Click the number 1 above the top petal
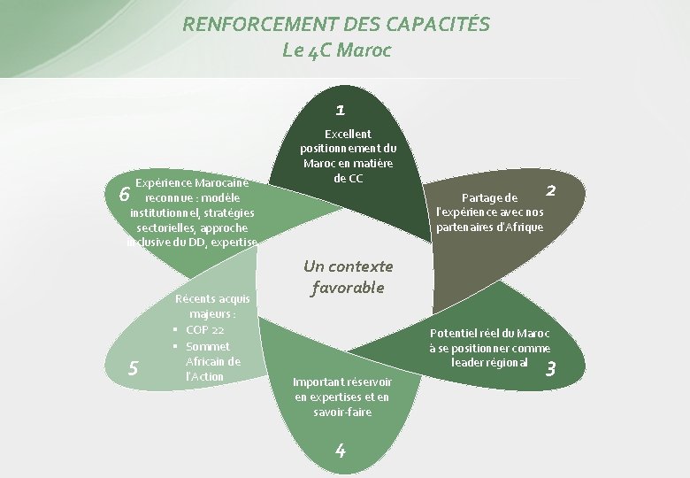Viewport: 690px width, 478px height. pos(341,111)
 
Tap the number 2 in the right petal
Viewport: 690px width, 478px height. pos(550,189)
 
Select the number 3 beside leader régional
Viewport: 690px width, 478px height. pos(550,369)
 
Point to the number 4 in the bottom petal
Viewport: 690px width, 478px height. pos(341,450)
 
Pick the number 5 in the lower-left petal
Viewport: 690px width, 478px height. pos(132,367)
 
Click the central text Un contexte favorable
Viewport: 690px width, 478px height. pos(348,276)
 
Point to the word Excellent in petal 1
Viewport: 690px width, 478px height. pos(348,134)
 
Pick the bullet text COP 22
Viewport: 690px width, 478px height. pos(204,330)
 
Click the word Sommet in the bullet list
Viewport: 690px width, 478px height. pos(208,346)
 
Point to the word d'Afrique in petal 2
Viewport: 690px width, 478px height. pos(515,227)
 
